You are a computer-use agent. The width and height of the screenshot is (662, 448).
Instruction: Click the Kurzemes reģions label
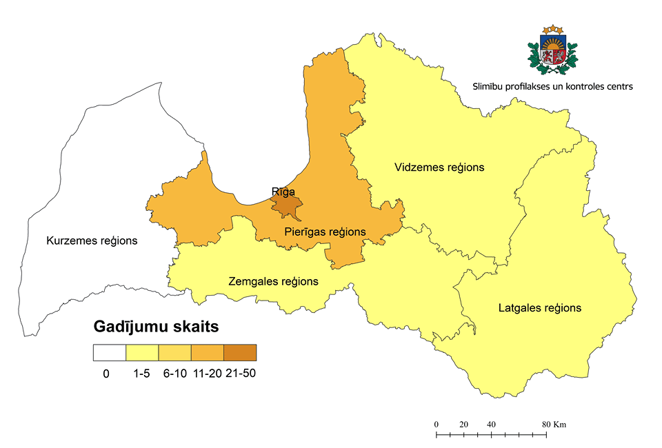coord(92,241)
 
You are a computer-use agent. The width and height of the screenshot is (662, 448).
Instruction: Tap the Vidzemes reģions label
coord(439,167)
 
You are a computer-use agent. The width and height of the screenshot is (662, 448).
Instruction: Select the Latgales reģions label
coord(539,308)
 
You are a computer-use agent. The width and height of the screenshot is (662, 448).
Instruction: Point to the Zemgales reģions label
coord(273,281)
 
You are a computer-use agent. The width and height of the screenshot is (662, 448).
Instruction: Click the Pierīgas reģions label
coord(325,232)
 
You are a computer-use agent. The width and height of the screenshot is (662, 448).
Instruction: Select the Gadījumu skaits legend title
coord(156,327)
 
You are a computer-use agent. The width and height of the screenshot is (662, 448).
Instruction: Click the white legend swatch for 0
coord(110,353)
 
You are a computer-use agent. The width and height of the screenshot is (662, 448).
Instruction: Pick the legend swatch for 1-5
coord(142,353)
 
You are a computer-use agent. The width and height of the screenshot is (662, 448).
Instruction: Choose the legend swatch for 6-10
coord(174,353)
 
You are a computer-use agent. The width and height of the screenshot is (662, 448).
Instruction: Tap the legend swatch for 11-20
coord(207,353)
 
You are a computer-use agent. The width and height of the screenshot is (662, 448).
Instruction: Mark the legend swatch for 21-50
coord(240,353)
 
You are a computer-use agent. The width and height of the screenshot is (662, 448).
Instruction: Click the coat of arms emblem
coord(552,50)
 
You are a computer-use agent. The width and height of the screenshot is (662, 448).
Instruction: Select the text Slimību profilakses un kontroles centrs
coord(552,87)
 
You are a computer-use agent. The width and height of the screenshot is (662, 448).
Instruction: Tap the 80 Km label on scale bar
coord(554,424)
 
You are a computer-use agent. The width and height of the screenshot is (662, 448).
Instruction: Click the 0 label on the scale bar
coord(436,424)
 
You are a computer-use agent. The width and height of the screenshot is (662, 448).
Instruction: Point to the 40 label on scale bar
coord(491,424)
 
